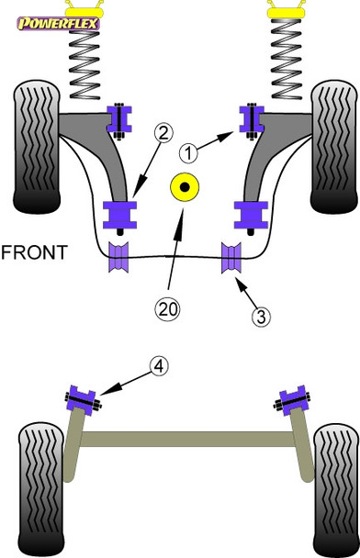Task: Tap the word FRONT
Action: [34, 251]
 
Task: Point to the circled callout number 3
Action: [263, 318]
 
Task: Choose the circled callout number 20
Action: [168, 309]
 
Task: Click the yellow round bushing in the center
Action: [185, 188]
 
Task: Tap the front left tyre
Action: [34, 145]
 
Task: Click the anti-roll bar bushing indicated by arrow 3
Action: [231, 257]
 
